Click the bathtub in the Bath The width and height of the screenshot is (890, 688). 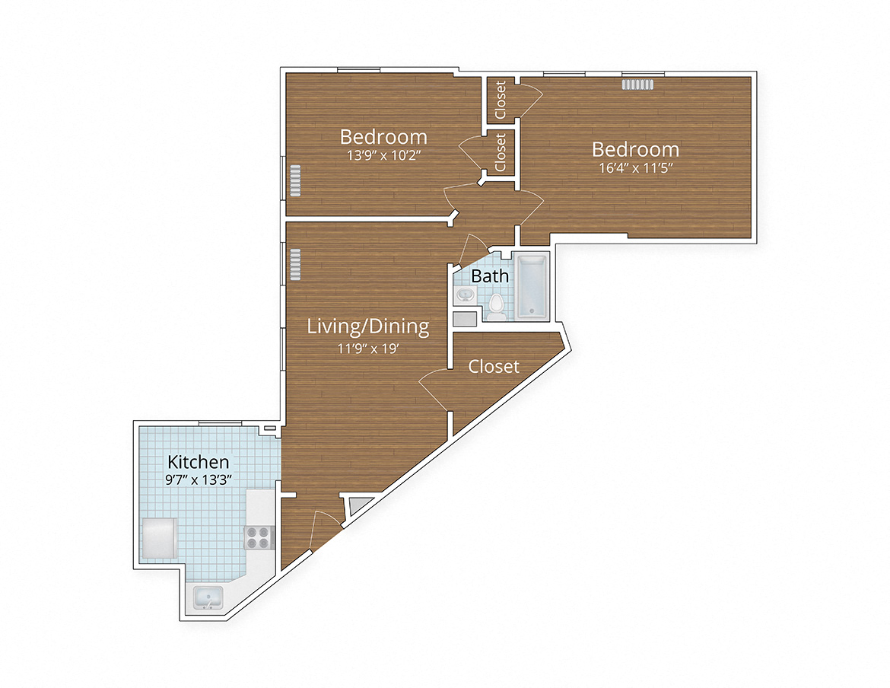coord(532,287)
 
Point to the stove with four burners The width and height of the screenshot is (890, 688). coord(259,537)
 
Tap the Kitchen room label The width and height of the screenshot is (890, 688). coord(198,462)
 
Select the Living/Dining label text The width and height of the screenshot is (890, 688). coord(367,326)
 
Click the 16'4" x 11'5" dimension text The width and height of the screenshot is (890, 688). coord(636,168)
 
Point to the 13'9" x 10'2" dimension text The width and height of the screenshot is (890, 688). coord(383,155)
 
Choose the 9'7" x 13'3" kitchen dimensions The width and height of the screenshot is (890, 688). coord(198,480)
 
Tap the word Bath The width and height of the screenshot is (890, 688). coord(490,276)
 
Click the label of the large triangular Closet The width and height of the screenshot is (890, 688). coord(494,367)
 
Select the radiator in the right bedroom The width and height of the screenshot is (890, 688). coord(637,84)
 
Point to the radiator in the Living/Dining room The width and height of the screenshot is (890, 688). coord(294,263)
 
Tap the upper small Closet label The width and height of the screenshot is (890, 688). coord(500,99)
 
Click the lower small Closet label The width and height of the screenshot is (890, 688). coord(500,152)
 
